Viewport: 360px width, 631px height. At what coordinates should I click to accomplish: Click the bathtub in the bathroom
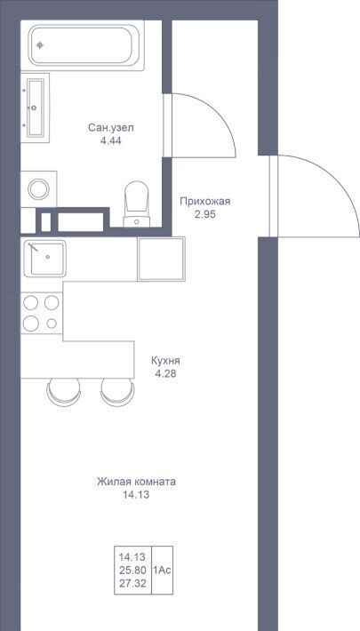coord(86,45)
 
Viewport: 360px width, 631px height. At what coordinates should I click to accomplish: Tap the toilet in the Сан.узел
coord(137,204)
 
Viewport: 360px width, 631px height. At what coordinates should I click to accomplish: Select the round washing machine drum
coord(38,189)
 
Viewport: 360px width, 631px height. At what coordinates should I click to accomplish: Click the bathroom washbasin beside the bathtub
coord(35,108)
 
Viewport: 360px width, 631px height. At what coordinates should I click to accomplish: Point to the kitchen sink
coord(44,258)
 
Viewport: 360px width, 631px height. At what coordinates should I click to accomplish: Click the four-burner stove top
coord(42,313)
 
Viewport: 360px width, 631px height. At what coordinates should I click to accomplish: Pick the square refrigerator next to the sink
coord(161,259)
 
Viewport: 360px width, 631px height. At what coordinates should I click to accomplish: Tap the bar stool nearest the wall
coord(63,392)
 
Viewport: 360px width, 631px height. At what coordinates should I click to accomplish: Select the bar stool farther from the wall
coord(117,392)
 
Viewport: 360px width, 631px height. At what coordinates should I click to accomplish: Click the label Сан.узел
coord(111,128)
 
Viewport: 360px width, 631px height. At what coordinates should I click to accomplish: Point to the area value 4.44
coord(111,140)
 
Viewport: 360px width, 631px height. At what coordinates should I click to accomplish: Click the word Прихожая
coord(205,202)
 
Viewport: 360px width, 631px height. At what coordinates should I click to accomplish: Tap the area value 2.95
coord(205,214)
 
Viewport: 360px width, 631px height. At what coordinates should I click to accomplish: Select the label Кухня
coord(165,361)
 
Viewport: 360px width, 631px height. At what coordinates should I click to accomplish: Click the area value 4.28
coord(165,373)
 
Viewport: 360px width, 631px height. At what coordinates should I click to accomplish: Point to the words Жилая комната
coord(136,482)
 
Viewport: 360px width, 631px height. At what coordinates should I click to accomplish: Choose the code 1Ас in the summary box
coord(163,570)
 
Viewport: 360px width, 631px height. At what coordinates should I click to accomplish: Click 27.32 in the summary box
coord(132,583)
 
